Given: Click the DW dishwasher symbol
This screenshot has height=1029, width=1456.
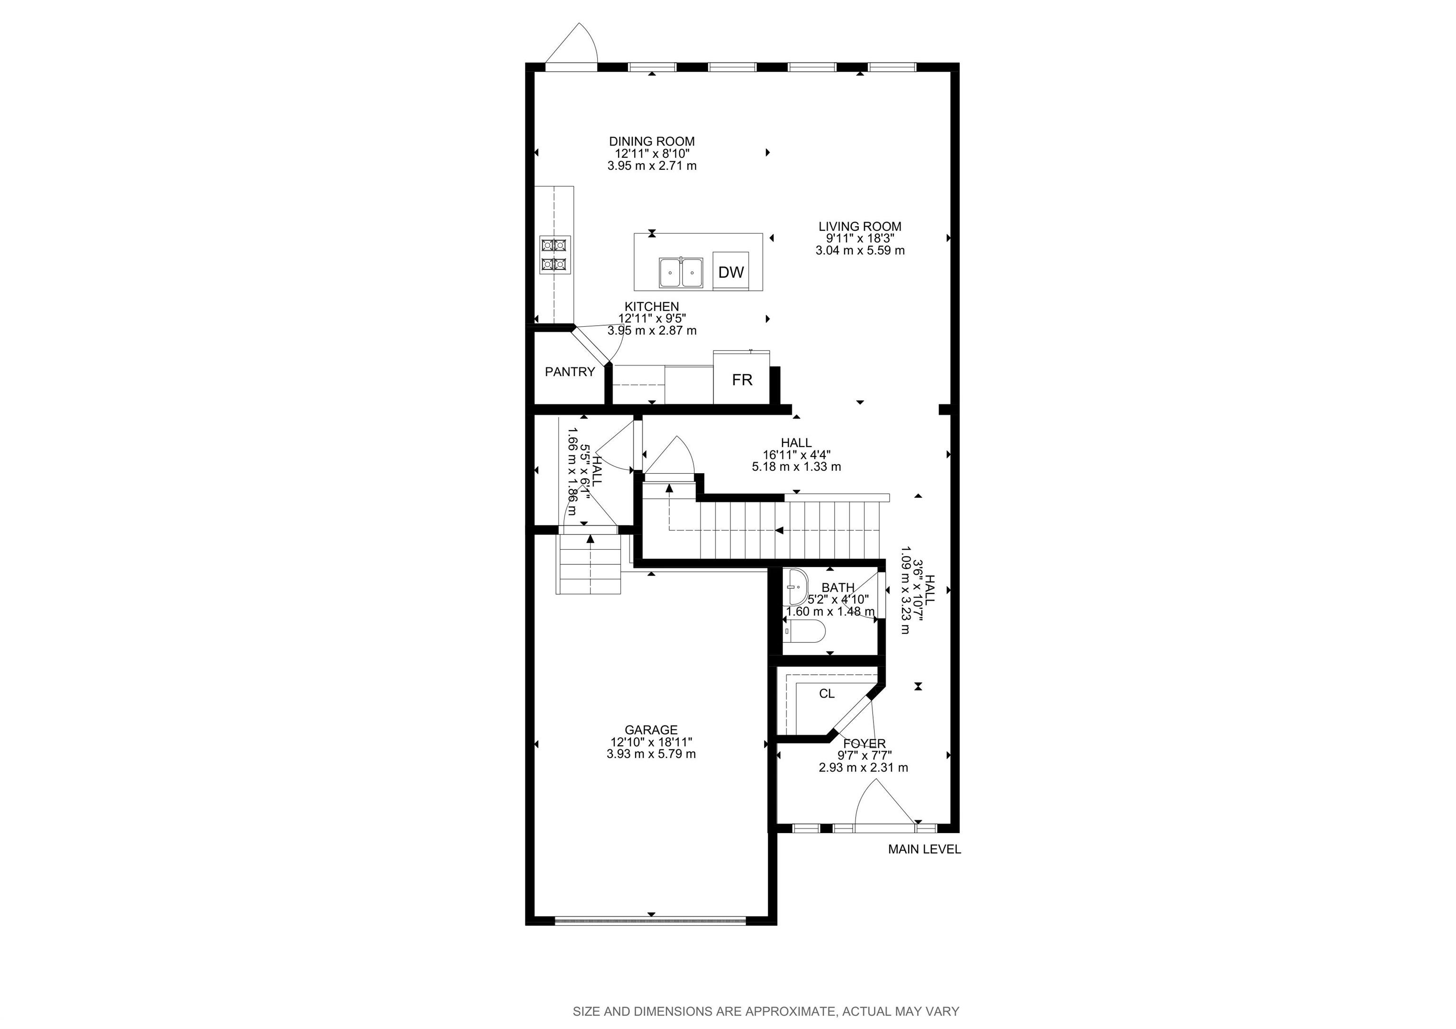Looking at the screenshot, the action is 730,272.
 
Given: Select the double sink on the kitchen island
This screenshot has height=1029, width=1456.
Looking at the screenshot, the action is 681,273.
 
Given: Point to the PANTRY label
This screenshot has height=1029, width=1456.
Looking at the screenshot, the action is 570,372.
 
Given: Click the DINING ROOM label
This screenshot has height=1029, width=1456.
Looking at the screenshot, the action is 652,141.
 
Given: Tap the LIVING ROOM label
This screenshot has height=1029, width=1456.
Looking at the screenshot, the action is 860,227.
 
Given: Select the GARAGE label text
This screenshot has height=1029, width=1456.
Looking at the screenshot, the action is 651,730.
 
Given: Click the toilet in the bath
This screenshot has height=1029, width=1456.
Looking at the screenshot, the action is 804,631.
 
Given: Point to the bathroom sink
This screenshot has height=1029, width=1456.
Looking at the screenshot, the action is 795,588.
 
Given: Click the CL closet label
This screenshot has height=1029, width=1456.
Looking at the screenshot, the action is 827,693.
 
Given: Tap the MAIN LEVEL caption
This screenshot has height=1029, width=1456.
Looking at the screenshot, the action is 925,849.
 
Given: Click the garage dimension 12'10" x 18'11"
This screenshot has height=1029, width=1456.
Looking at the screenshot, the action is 651,742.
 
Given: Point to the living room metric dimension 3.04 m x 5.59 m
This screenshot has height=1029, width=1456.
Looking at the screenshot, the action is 860,250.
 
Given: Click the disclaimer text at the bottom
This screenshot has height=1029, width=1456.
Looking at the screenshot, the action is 766,1011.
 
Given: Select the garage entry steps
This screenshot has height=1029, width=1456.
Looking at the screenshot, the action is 589,564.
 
